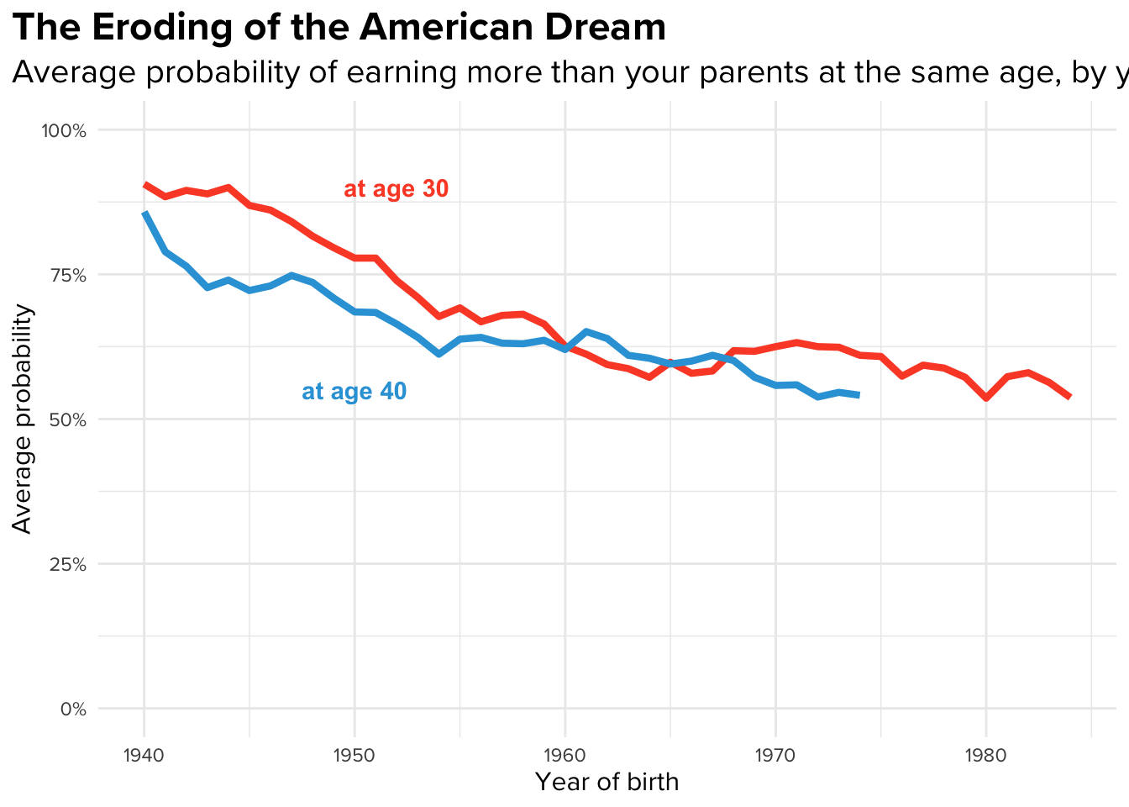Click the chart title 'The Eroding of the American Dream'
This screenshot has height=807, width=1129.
pyautogui.click(x=339, y=28)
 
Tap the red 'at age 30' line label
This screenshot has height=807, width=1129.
pyautogui.click(x=396, y=189)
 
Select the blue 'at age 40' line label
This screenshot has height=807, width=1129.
pyautogui.click(x=354, y=392)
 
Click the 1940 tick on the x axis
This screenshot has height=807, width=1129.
pyautogui.click(x=144, y=754)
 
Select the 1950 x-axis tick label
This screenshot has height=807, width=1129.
pyautogui.click(x=354, y=754)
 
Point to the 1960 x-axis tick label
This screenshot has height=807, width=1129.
pyautogui.click(x=564, y=754)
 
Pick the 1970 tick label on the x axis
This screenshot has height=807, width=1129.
pyautogui.click(x=775, y=754)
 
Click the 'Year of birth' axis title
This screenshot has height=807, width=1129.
pyautogui.click(x=607, y=783)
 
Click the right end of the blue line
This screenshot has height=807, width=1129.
pyautogui.click(x=859, y=395)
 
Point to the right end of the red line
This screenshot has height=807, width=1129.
pyautogui.click(x=1069, y=397)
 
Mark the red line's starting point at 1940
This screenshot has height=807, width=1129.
pyautogui.click(x=144, y=184)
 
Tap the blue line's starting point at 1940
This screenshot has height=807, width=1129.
pyautogui.click(x=144, y=214)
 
